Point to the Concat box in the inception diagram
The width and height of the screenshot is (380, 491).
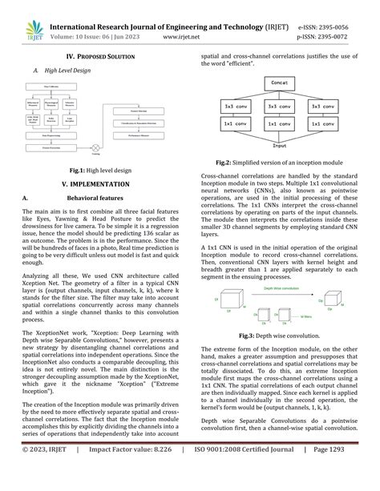coord(280,83)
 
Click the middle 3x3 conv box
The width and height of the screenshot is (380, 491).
coord(280,106)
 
